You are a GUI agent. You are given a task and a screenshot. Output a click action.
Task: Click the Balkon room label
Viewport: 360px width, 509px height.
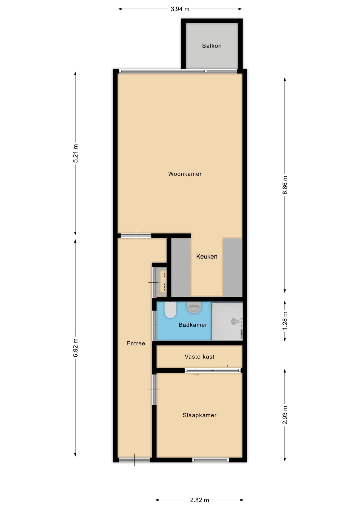[212, 46]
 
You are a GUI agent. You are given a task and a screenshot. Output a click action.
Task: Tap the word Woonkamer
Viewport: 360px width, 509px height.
[185, 174]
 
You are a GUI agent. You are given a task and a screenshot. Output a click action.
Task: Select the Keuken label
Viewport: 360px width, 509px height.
[207, 256]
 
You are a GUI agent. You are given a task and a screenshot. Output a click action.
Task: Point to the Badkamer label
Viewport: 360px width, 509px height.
[193, 325]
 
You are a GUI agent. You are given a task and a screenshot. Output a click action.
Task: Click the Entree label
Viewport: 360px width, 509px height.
[136, 343]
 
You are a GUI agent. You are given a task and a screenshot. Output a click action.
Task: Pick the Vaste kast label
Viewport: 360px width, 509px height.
[200, 357]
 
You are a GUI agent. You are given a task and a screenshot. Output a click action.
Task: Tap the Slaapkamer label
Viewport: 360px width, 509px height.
[200, 415]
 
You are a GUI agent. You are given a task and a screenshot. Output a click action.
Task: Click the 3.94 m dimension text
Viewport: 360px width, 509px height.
[180, 9]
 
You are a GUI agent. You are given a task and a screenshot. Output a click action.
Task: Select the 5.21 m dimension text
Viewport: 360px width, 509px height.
[76, 153]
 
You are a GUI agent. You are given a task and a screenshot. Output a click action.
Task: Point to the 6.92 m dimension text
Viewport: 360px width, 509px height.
[76, 348]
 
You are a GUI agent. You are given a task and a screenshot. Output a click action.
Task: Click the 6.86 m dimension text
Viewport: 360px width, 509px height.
[285, 185]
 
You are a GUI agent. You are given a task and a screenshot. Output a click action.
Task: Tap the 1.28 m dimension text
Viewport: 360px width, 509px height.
[285, 321]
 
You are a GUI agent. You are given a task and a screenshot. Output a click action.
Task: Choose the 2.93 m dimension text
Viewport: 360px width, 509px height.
[285, 415]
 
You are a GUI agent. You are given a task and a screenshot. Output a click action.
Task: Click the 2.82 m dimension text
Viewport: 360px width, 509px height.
[199, 500]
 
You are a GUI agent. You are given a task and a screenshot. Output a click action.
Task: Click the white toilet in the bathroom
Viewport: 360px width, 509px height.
[170, 310]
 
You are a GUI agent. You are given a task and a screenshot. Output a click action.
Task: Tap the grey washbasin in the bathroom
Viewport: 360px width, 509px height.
[194, 307]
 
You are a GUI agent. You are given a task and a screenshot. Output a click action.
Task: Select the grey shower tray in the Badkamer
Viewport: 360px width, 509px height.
[227, 321]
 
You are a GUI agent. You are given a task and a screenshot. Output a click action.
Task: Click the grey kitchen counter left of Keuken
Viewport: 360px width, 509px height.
[181, 267]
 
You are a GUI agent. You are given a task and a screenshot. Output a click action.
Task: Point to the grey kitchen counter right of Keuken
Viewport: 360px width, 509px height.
[233, 267]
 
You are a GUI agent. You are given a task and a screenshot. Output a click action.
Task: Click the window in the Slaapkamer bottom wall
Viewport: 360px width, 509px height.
[211, 460]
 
